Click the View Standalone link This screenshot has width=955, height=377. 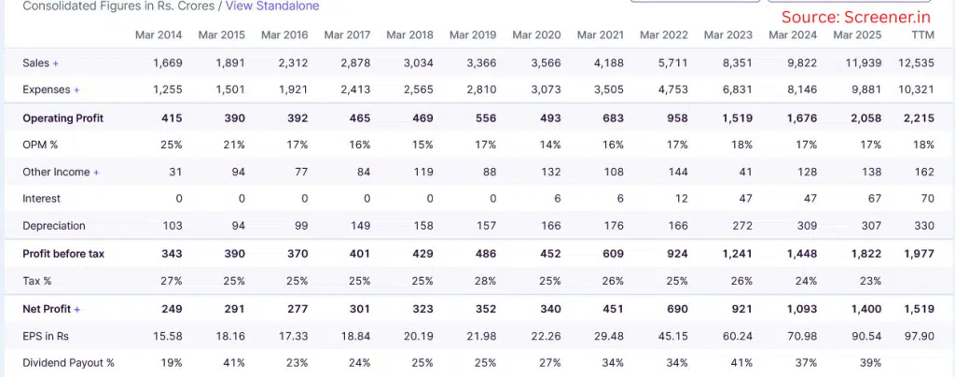(x=272, y=6)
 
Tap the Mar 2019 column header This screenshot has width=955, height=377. (x=472, y=35)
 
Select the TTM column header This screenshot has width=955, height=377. (x=921, y=35)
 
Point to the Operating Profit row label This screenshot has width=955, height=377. (x=62, y=119)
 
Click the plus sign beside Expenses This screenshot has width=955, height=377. (x=76, y=91)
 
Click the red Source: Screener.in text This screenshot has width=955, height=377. (x=856, y=17)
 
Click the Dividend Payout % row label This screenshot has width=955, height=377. (x=68, y=363)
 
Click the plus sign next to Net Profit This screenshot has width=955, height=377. (x=77, y=309)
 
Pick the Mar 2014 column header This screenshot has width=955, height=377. (x=158, y=35)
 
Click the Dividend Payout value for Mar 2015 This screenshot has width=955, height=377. (x=233, y=363)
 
